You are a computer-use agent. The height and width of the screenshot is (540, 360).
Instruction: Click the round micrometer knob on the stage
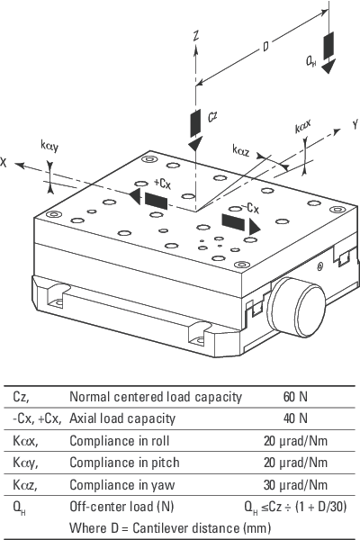tap(298, 307)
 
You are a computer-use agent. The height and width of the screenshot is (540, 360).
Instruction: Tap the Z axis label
tap(196, 35)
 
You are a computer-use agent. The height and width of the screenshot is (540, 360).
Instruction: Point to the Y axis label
tap(355, 125)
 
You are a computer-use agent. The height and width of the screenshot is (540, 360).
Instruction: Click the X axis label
tap(3, 162)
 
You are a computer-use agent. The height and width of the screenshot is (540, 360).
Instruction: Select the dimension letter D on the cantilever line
tap(265, 46)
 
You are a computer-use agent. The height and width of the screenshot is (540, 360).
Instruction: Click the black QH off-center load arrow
tap(328, 52)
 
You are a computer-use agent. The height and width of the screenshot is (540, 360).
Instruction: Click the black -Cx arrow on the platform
tap(240, 224)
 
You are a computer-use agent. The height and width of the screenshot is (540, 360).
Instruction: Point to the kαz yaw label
tap(241, 150)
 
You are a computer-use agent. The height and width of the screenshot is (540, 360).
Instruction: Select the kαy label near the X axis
tap(49, 146)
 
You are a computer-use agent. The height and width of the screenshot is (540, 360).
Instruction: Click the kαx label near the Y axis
tap(303, 126)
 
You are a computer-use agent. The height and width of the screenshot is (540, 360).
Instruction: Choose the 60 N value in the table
tap(295, 397)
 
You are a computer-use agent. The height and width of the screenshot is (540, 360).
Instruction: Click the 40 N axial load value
tap(295, 418)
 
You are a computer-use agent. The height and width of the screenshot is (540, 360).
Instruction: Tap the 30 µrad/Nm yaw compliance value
tap(295, 484)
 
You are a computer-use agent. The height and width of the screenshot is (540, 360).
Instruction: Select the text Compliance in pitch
tap(124, 463)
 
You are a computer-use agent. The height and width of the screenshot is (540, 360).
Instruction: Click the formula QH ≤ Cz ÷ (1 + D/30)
tap(295, 507)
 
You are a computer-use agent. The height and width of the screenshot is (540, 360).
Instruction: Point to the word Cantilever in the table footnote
tap(186, 528)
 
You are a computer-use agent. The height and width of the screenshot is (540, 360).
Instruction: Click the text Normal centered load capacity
tap(156, 397)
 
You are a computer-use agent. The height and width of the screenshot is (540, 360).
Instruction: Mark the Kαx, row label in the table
tap(25, 441)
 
